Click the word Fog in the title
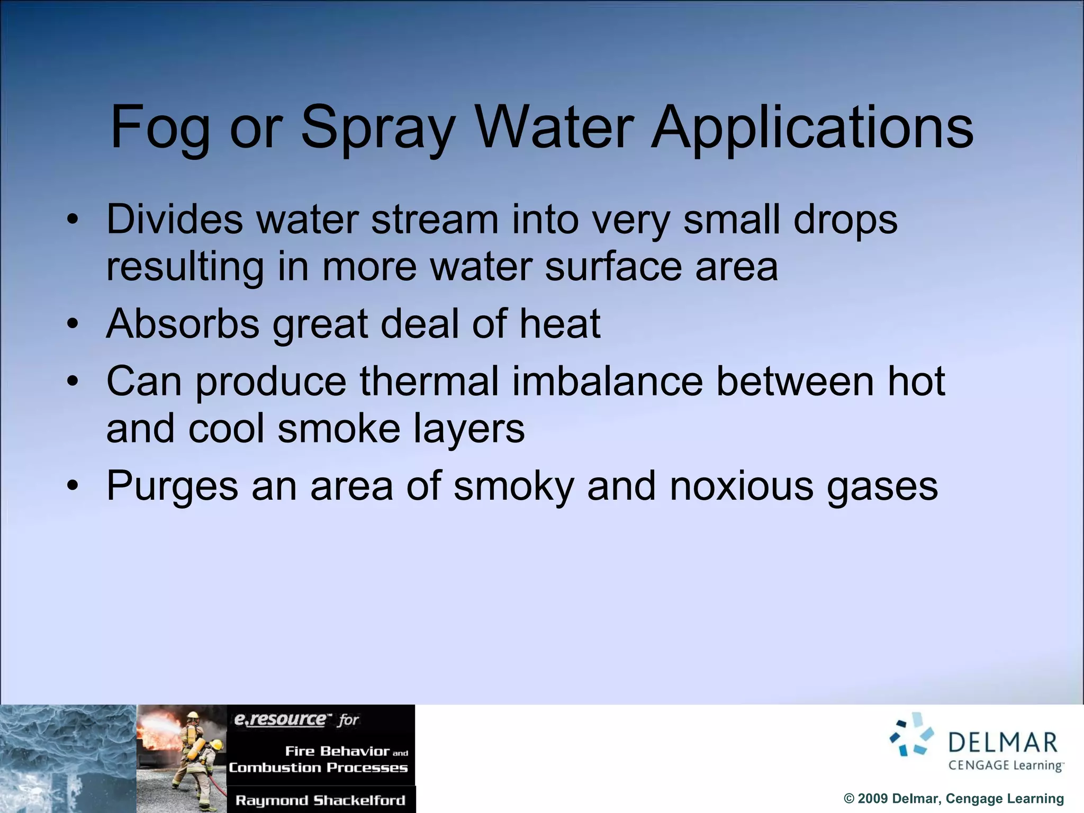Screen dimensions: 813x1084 point(159,129)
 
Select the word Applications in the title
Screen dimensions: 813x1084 point(812,129)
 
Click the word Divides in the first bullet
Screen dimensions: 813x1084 point(174,219)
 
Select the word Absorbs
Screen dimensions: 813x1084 point(183,324)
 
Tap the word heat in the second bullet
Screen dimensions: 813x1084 point(559,324)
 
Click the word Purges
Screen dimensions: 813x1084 point(172,486)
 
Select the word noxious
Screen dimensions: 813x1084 point(741,486)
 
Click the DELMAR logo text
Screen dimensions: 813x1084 point(1003,742)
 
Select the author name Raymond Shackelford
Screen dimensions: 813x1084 point(320,800)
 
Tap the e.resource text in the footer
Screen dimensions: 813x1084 point(280,719)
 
